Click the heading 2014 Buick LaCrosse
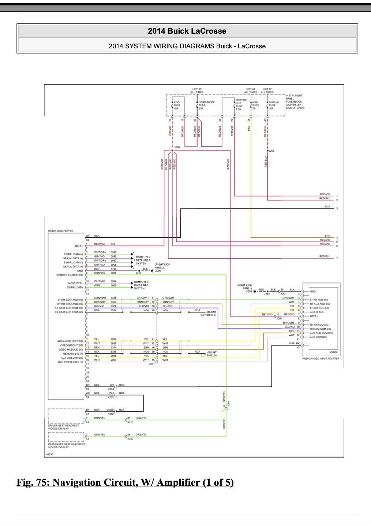pyautogui.click(x=187, y=31)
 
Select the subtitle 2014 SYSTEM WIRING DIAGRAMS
pyautogui.click(x=187, y=46)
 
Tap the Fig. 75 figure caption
pyautogui.click(x=125, y=482)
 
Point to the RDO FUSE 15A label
pyautogui.click(x=177, y=105)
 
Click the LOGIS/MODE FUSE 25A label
pyautogui.click(x=206, y=105)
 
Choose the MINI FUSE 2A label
pyautogui.click(x=255, y=105)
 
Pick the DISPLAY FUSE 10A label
pyautogui.click(x=274, y=105)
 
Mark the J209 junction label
pyautogui.click(x=177, y=147)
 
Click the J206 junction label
pyautogui.click(x=271, y=151)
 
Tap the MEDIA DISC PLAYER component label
pyautogui.click(x=61, y=231)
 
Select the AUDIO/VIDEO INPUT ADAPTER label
pyautogui.click(x=321, y=359)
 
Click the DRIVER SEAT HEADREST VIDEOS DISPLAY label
pyautogui.click(x=64, y=427)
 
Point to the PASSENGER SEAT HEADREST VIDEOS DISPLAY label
pyautogui.click(x=67, y=446)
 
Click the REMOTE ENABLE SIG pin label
pyautogui.click(x=70, y=275)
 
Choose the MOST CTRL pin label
pyautogui.click(x=76, y=283)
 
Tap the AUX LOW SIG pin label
pyautogui.click(x=318, y=337)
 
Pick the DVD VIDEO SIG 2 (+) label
pyautogui.click(x=71, y=362)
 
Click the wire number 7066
pyautogui.click(x=113, y=273)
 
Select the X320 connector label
pyautogui.click(x=130, y=439)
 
